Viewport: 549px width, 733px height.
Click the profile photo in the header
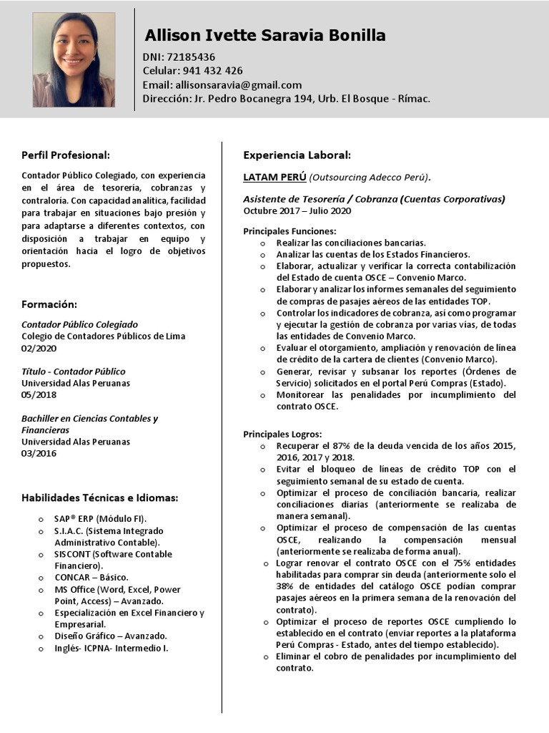pos(74,60)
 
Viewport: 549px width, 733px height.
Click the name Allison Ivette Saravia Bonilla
pos(265,35)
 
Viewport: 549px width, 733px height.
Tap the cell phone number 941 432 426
pos(212,70)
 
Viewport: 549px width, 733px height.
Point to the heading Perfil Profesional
pos(66,155)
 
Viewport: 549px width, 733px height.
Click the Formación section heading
pos(49,304)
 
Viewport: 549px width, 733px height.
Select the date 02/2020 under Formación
pos(39,348)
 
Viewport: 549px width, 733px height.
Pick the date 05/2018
pos(39,394)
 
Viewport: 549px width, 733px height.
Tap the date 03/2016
pos(39,453)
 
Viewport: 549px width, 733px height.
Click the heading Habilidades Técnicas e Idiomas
pos(99,497)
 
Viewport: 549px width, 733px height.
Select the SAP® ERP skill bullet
pos(101,518)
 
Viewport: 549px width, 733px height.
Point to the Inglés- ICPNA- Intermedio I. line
pos(112,649)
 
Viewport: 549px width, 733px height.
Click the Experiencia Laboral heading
pos(297,155)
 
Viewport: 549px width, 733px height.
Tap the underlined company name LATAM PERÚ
pos(274,177)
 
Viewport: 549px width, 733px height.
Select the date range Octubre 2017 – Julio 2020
pos(297,210)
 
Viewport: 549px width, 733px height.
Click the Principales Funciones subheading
pos(290,231)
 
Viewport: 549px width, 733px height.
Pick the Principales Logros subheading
pos(282,434)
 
